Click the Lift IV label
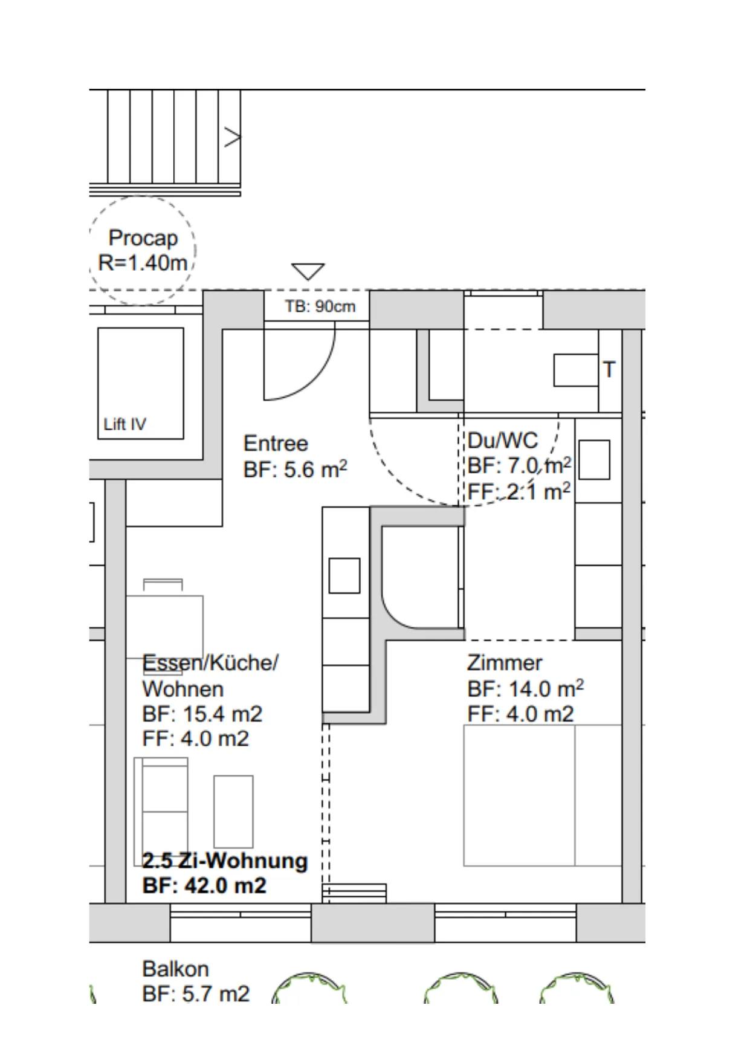point(124,424)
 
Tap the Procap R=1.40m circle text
point(143,250)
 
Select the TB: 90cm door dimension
point(320,306)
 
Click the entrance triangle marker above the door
point(308,271)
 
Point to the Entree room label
point(276,443)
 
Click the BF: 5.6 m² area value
point(296,469)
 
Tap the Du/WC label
point(503,440)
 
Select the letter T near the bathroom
point(609,369)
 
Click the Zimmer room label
point(505,662)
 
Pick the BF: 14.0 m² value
point(526,688)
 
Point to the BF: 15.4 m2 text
point(202,714)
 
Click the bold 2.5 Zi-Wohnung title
point(225,860)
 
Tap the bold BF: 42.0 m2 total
point(204,885)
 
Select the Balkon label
point(175,969)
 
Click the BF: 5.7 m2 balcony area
point(196,994)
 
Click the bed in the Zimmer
point(543,795)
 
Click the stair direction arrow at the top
point(233,137)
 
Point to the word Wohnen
point(183,688)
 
